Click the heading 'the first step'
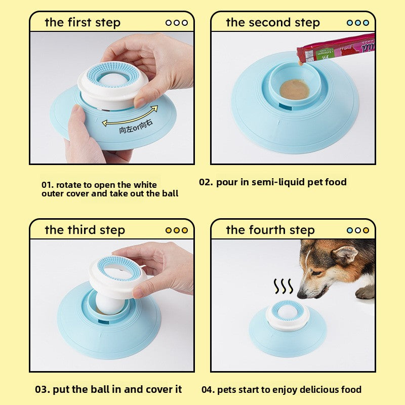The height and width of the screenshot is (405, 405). coord(83,23)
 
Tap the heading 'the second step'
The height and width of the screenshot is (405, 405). coord(272,23)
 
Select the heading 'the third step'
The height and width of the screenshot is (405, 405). coord(85,230)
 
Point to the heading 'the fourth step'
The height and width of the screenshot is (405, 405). coord(270,230)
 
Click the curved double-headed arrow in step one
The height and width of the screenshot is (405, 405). coord(130,115)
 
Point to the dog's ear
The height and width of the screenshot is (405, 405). coord(346,254)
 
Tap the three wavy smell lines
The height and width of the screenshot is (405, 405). coord(283,287)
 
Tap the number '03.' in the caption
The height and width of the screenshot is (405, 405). coord(43,389)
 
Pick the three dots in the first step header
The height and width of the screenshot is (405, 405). coord(176,23)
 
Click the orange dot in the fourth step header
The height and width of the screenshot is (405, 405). coord(366,230)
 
